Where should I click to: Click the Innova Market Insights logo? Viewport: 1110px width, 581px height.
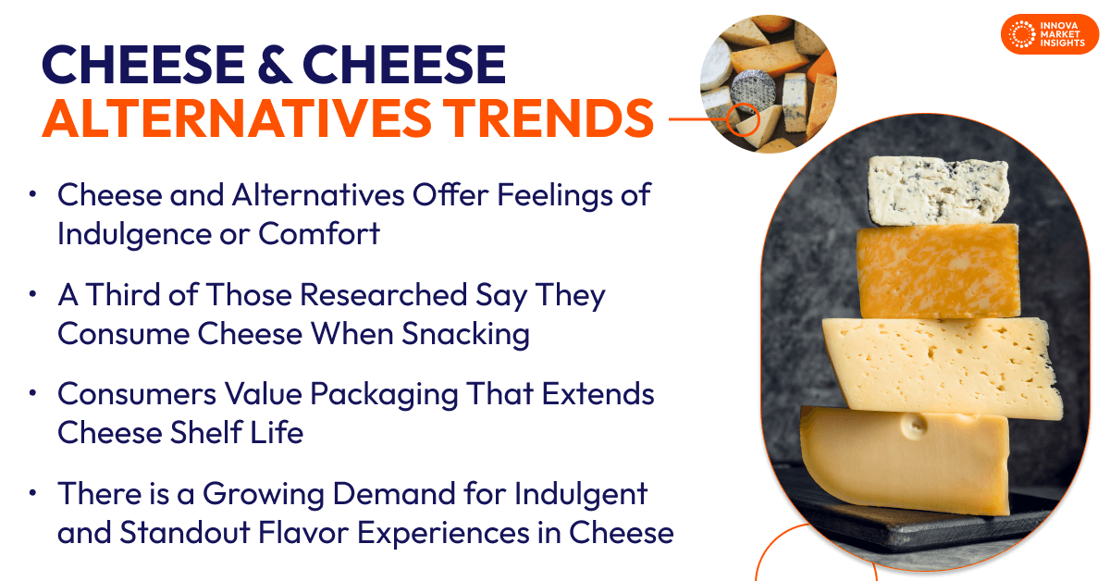point(1049,34)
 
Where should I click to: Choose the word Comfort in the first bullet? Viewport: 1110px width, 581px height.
point(319,234)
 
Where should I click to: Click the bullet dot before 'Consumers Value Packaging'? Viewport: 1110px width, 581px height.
point(32,393)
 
